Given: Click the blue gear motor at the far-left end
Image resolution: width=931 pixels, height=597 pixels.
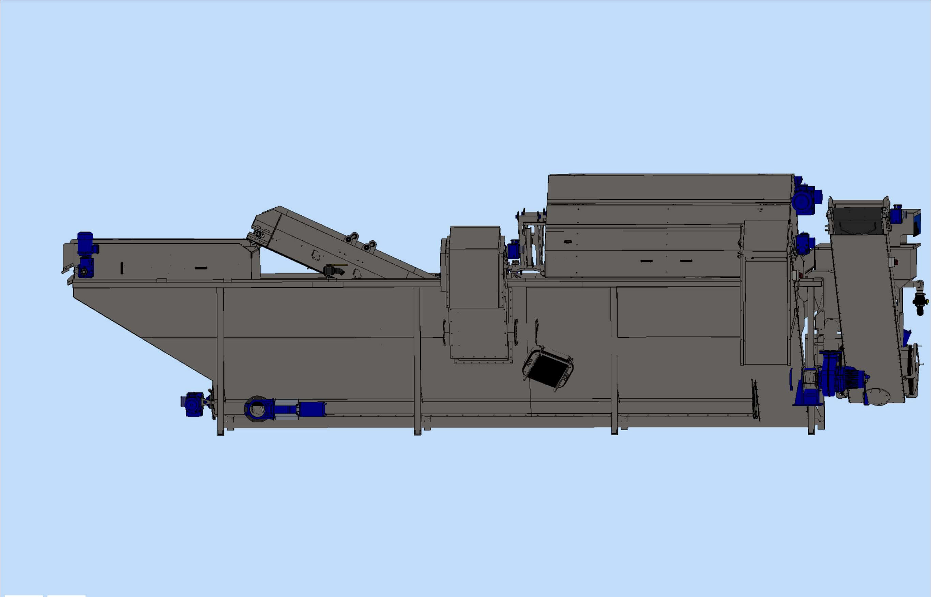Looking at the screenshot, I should [86, 254].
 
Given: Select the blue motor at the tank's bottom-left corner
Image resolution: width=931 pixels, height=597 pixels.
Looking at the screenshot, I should [193, 404].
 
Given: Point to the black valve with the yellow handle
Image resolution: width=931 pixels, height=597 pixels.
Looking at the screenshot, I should [333, 270].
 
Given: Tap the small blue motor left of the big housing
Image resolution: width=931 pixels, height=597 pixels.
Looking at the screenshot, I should [513, 249].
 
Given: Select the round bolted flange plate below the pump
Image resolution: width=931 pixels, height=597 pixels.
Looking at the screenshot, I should [879, 396].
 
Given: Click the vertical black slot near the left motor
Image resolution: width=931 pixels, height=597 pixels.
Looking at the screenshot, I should [122, 268].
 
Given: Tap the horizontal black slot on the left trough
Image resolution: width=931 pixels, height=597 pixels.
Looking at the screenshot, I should [201, 268].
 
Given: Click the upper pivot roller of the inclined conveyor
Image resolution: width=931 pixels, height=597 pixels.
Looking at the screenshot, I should [258, 234].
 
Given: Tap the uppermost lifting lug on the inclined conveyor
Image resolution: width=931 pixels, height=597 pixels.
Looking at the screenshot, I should [354, 236].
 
